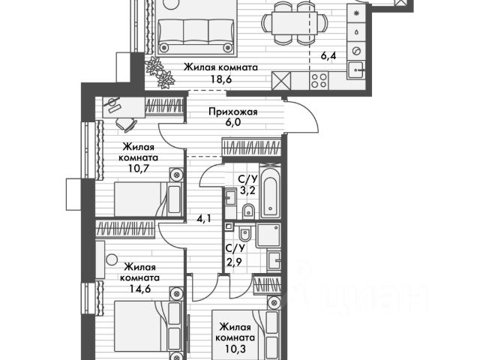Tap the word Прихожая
pyautogui.click(x=232, y=112)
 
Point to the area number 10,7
pyautogui.click(x=139, y=172)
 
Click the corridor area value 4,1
pyautogui.click(x=204, y=220)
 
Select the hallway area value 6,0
pyautogui.click(x=232, y=125)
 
